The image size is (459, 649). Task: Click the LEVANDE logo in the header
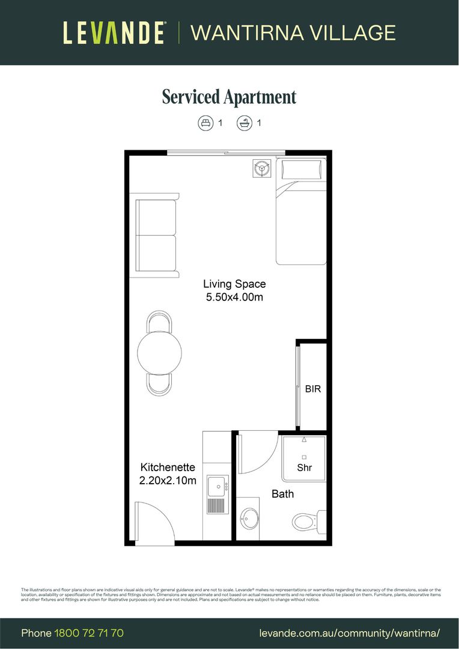click(x=115, y=32)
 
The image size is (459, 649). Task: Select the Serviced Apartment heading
click(x=229, y=97)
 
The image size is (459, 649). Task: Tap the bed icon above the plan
click(x=206, y=123)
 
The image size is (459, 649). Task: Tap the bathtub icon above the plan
click(x=245, y=123)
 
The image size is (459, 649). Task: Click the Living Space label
click(x=234, y=284)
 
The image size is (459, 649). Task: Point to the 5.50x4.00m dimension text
click(x=234, y=297)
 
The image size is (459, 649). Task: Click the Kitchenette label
click(x=168, y=467)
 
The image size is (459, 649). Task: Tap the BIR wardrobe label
click(x=313, y=389)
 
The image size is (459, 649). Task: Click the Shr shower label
click(x=305, y=468)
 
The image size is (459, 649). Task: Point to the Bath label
click(x=282, y=494)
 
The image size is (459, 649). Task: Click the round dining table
click(x=159, y=353)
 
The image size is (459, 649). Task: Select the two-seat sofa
click(x=157, y=235)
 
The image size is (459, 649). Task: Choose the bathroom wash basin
click(x=249, y=517)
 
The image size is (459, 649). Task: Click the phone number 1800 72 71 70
click(x=89, y=633)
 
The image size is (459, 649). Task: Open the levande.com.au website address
click(x=350, y=633)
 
